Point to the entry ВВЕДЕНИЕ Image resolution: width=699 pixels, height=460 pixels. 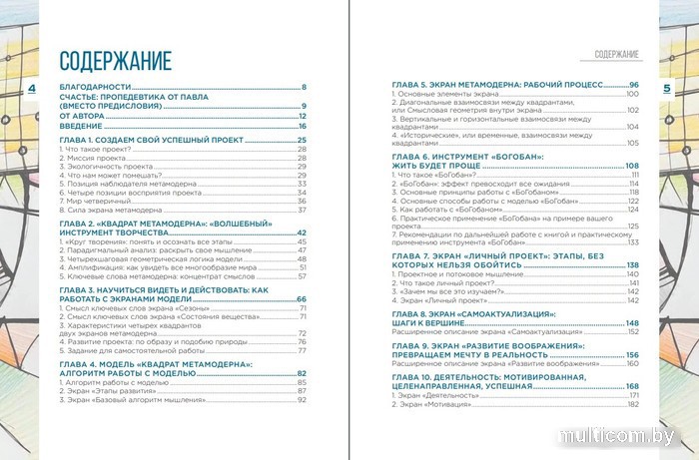coord(80,127)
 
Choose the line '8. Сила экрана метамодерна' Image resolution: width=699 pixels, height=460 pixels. coord(113,210)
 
